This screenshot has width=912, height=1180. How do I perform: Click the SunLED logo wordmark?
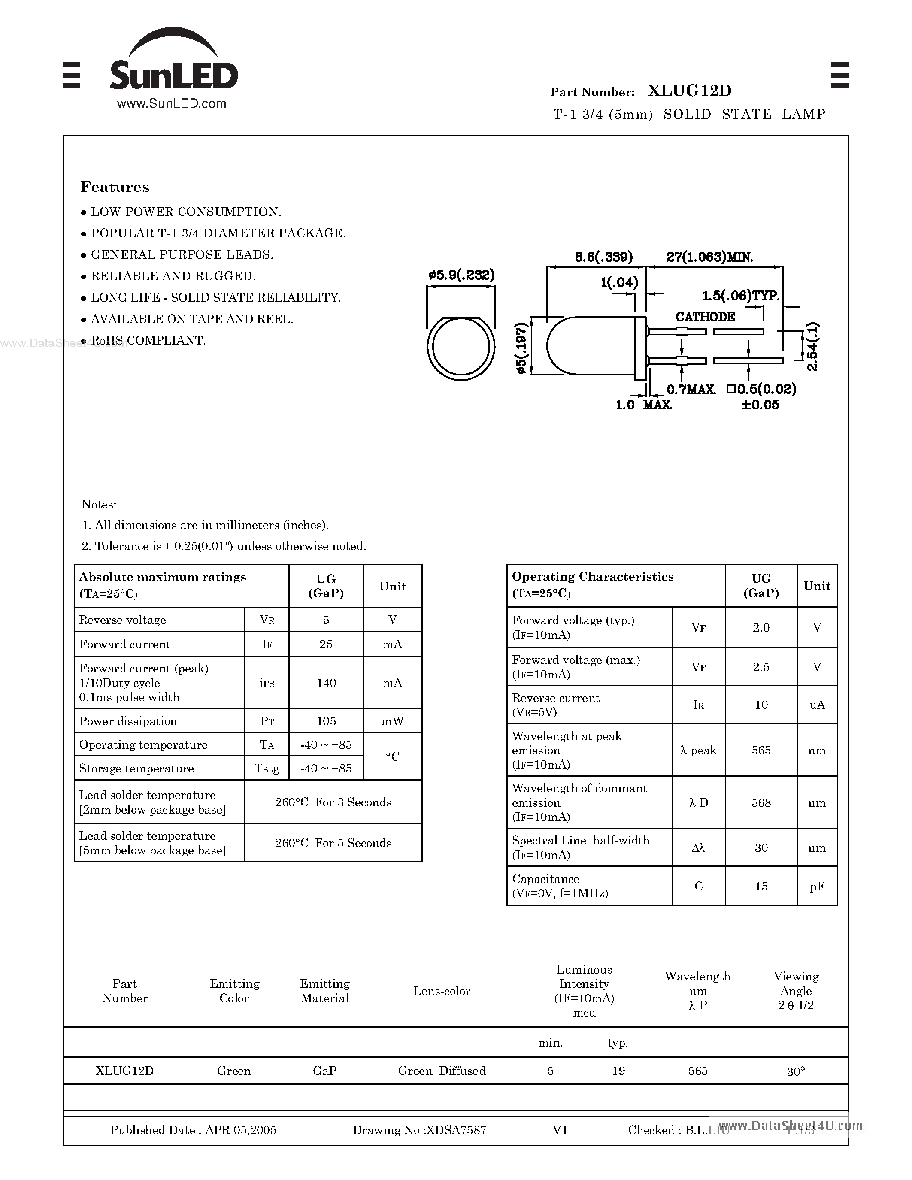[x=173, y=75]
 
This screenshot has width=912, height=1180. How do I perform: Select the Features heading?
[x=115, y=187]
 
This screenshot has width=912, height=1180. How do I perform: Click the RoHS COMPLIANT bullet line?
[x=148, y=340]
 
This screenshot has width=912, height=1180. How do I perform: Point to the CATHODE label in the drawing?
[x=705, y=317]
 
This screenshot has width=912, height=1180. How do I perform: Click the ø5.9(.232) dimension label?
[x=461, y=275]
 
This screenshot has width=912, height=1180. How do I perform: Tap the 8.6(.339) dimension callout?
[x=603, y=257]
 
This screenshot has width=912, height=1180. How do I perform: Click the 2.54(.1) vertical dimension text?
[x=812, y=346]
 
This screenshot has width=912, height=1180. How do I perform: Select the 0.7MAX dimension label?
[x=691, y=389]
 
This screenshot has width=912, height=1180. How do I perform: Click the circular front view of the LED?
[x=461, y=347]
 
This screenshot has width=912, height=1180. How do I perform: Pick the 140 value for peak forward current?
[x=326, y=683]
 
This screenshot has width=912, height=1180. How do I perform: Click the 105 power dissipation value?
[x=326, y=721]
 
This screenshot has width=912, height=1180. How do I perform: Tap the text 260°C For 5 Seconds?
[x=333, y=843]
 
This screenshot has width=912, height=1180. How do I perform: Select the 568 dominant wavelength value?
[x=761, y=803]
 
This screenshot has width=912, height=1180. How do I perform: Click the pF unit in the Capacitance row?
[x=816, y=886]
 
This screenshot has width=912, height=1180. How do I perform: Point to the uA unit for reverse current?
[x=816, y=705]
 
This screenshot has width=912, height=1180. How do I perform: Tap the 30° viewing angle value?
[x=795, y=1071]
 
